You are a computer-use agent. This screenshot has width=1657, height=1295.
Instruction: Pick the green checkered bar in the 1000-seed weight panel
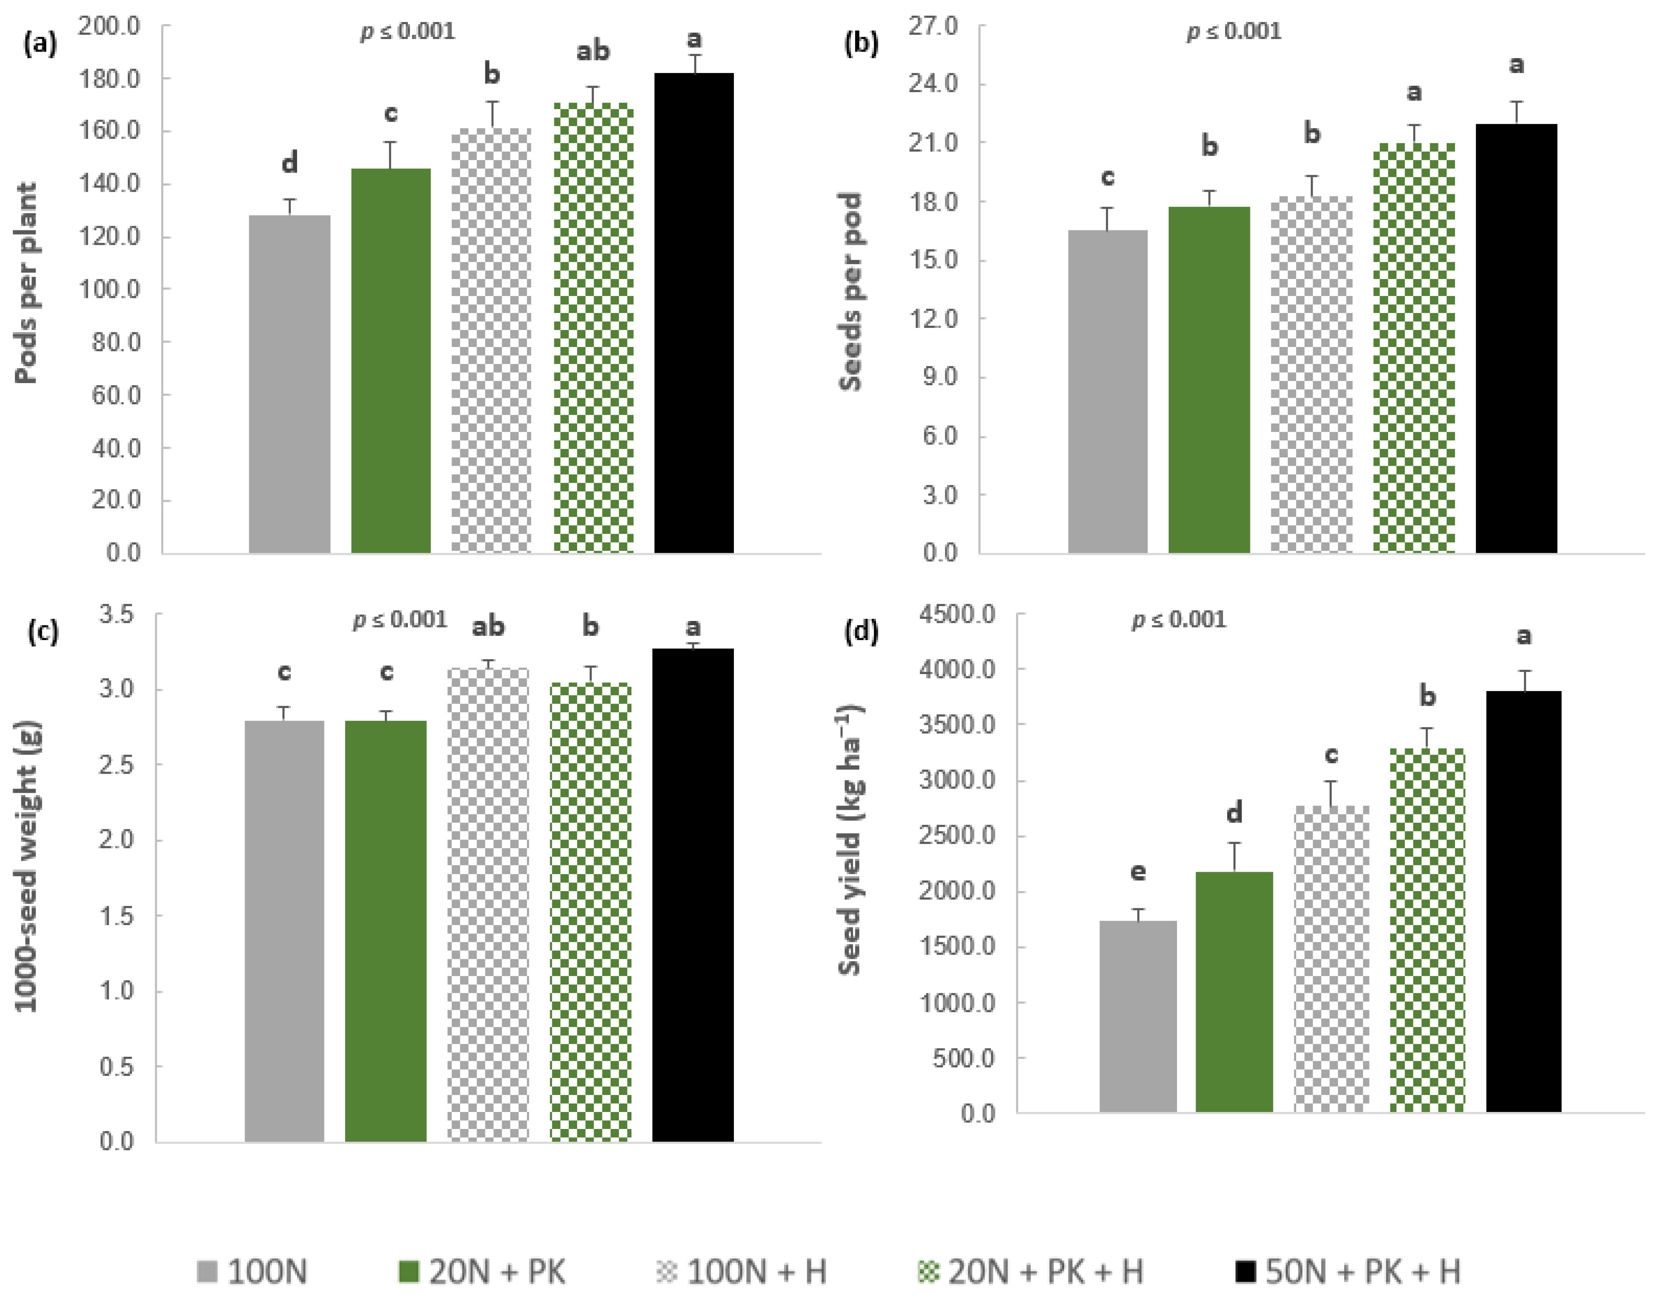(590, 911)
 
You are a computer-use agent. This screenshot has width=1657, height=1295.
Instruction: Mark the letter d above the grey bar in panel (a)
(289, 162)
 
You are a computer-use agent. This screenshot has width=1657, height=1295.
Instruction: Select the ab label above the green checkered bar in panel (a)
(592, 51)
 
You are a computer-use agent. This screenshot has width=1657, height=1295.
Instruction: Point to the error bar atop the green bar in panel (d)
(1234, 856)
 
